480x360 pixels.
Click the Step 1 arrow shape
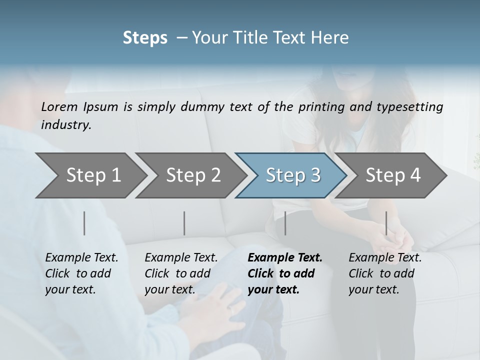90,175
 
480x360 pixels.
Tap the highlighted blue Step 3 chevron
292,175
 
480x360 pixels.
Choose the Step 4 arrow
392,175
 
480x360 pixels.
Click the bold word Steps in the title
145,38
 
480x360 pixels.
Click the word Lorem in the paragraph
59,107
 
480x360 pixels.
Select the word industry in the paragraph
66,125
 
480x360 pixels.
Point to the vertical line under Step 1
84,223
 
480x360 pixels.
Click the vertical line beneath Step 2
184,223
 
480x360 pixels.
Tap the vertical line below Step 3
285,223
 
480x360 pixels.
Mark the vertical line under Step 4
386,223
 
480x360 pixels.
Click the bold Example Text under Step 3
285,258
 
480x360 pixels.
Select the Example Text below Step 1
81,258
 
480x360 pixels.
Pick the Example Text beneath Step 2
181,258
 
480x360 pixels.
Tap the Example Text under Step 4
385,258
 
